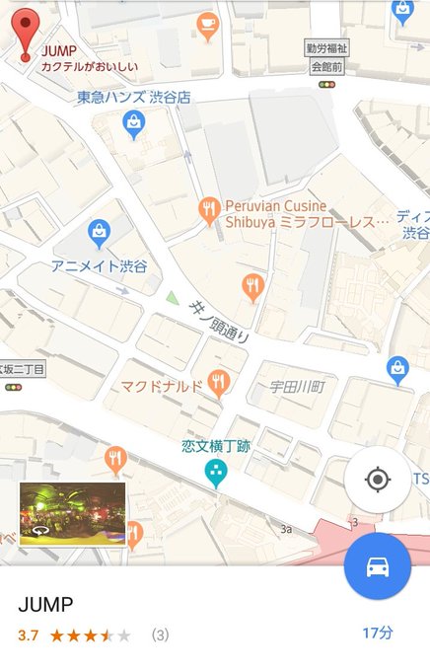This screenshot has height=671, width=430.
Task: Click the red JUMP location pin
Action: tap(27, 32)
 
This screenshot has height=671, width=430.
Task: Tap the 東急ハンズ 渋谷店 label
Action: tap(134, 98)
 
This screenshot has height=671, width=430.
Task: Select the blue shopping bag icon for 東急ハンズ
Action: tap(133, 122)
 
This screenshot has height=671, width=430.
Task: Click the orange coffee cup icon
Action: tap(207, 25)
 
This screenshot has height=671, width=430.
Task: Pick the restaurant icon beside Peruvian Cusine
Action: tap(208, 210)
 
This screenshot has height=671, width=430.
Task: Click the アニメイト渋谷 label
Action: tap(99, 266)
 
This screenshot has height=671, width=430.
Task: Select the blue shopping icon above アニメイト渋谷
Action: tap(98, 234)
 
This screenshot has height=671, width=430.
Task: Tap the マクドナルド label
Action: tap(162, 385)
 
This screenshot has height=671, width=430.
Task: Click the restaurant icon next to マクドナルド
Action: tap(219, 382)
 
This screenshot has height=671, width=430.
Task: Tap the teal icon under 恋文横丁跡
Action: tap(214, 474)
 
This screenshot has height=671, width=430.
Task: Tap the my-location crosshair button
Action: tap(377, 480)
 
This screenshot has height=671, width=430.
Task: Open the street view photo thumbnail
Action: tap(73, 513)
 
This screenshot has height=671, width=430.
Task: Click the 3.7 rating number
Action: tap(28, 634)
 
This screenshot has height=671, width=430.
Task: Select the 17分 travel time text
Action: tap(377, 633)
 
